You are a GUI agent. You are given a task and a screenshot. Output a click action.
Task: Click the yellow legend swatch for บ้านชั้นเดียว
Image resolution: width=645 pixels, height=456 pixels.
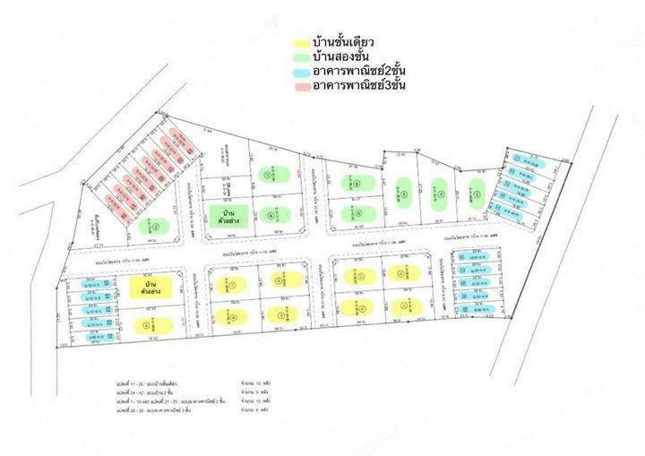coord(303,42)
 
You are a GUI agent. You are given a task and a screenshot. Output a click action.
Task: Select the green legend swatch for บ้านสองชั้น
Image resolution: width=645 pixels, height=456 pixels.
coord(303,57)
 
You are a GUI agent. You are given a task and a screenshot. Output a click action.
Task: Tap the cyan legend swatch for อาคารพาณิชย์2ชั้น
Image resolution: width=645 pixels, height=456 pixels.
coord(303,72)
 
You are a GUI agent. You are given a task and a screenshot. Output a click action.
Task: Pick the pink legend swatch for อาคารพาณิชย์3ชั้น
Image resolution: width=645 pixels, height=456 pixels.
coord(303,87)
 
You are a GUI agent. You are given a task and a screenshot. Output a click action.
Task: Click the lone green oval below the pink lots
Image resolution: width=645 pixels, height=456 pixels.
coord(157,227)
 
